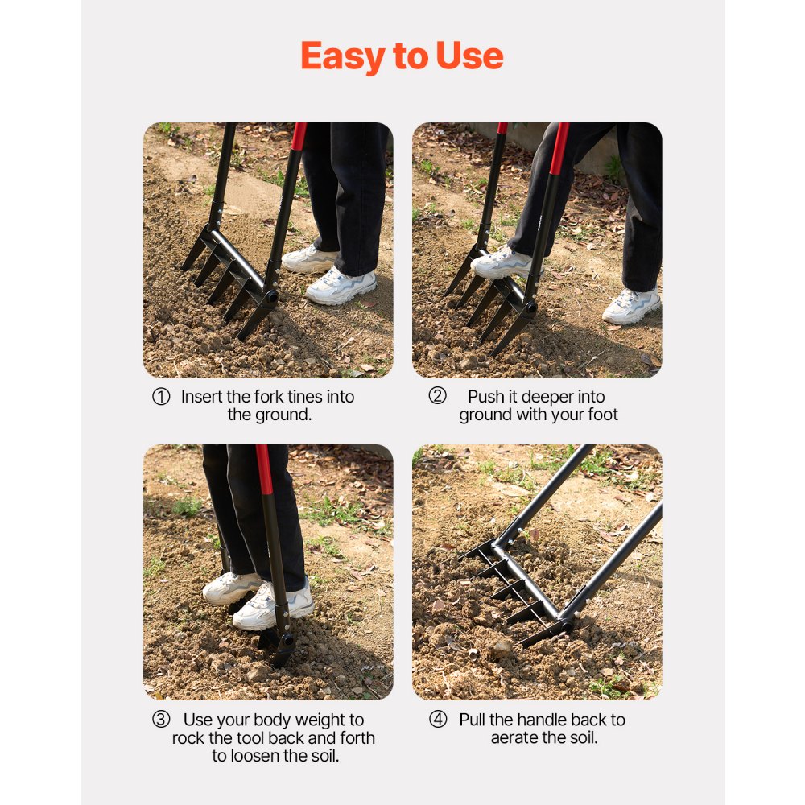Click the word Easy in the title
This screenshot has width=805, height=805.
339,56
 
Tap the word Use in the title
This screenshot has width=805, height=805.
469,56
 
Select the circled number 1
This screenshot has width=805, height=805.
161,398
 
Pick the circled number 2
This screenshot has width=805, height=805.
437,396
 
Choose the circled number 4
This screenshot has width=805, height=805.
437,720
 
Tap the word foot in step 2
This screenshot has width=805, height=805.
602,415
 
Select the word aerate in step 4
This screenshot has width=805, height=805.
518,738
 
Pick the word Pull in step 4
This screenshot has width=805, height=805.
473,720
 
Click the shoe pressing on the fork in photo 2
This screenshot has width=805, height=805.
501,262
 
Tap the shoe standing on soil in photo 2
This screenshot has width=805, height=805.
632,305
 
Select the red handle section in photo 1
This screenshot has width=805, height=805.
299,136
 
